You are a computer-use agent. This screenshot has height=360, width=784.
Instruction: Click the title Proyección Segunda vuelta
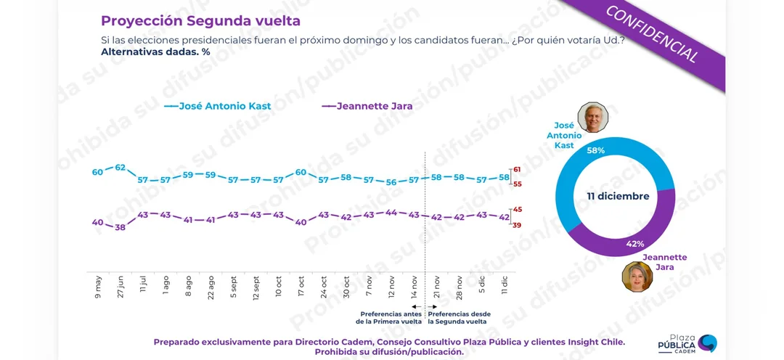(x=200, y=21)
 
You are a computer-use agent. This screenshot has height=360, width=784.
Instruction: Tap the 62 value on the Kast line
(x=121, y=168)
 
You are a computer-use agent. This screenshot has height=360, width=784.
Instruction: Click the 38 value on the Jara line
(x=121, y=227)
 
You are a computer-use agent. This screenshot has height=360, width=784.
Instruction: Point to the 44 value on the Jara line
(x=391, y=213)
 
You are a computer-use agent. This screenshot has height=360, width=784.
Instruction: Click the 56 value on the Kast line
(x=391, y=182)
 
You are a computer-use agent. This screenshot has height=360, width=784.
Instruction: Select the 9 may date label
(x=98, y=286)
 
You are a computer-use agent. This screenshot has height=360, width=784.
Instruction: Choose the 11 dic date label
(x=504, y=285)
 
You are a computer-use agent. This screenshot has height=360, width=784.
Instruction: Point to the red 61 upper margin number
(x=518, y=170)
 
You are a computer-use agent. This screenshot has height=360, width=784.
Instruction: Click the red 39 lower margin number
(x=518, y=226)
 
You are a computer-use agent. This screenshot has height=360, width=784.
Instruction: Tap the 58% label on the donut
(x=596, y=150)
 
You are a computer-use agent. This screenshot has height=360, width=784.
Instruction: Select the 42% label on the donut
(x=635, y=244)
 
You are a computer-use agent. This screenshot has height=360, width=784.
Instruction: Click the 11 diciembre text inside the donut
(x=618, y=197)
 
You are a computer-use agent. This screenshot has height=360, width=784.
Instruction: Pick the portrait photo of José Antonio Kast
(x=592, y=118)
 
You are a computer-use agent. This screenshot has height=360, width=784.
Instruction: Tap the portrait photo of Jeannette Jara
(x=637, y=277)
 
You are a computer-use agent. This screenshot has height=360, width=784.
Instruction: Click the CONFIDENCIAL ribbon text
(x=652, y=34)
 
